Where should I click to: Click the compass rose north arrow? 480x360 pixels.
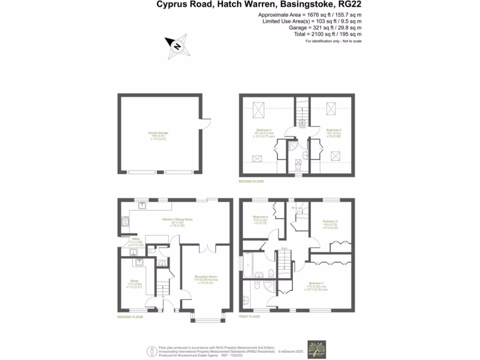[177, 46]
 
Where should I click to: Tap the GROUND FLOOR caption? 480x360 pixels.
[129, 317]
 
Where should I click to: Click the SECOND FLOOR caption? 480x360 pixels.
[251, 181]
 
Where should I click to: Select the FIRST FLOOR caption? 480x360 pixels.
[249, 317]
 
